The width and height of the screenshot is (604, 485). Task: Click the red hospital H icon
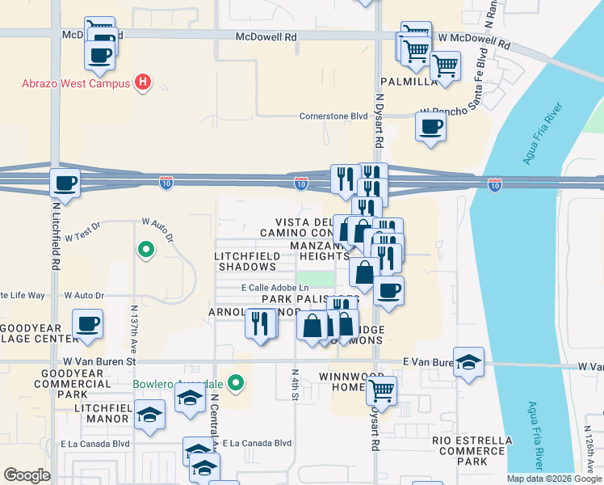[143, 82]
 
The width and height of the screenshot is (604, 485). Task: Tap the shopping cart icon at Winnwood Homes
[382, 391]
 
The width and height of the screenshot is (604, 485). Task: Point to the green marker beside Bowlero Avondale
[235, 382]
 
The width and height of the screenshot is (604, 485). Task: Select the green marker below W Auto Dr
[145, 251]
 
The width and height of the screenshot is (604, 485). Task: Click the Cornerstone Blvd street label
[333, 116]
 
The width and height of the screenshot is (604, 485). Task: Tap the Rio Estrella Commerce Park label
[472, 451]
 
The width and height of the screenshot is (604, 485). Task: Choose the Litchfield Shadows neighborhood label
[245, 260]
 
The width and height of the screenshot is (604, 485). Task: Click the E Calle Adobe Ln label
[275, 288]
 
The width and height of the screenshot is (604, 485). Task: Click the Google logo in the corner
[27, 475]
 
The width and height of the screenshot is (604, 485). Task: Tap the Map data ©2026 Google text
[553, 479]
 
